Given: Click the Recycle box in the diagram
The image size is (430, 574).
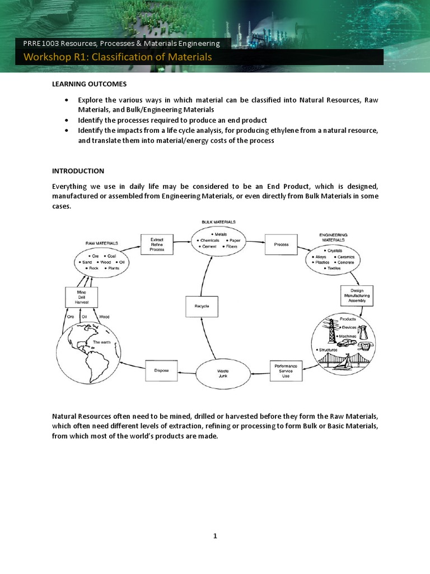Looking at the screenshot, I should (x=202, y=306).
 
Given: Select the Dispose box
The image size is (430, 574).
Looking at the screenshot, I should (x=161, y=370).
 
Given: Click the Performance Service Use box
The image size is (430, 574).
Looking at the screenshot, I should (x=286, y=371).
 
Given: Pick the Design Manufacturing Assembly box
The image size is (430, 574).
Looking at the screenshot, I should (x=357, y=295).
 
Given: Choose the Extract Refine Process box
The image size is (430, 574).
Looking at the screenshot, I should (x=157, y=244).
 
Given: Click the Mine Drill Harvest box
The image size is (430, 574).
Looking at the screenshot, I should (x=82, y=297).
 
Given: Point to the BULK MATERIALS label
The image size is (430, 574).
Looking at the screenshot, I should (x=218, y=222).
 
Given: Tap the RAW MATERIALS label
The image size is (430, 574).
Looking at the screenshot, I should (x=101, y=243).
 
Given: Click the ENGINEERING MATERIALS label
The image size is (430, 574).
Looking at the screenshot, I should (x=333, y=237).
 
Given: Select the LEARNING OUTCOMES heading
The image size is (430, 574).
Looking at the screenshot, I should (x=90, y=84).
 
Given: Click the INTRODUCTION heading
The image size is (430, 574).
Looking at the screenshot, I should (x=78, y=170).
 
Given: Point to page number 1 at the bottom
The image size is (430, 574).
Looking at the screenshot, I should (x=215, y=536).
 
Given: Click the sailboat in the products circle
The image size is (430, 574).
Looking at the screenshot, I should (x=348, y=362).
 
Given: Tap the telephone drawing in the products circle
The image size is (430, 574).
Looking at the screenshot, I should (x=363, y=335).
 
